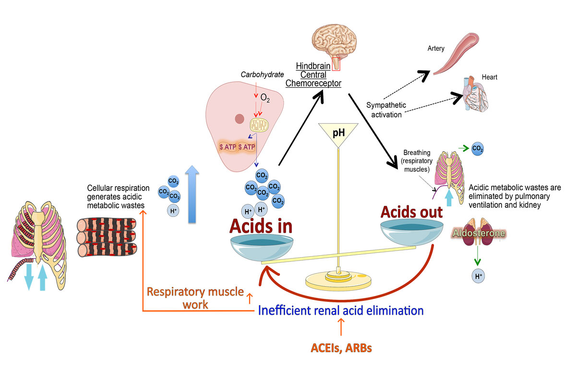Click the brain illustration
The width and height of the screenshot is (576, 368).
pos(334,38)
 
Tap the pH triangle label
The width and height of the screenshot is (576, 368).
pos(338,131)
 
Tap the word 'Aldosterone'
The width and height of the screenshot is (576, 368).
pos(476,233)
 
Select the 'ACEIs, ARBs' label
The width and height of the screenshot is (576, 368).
pos(340,347)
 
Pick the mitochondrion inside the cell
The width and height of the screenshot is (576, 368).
pos(260,126)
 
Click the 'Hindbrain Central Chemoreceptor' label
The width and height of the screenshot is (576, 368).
pos(313,74)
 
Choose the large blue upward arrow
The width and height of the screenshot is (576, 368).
pos(192,194)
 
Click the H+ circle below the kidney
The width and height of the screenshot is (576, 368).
pos(478,275)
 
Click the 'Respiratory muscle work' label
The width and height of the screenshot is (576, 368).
pos(195,297)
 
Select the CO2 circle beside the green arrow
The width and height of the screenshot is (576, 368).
pos(477,149)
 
